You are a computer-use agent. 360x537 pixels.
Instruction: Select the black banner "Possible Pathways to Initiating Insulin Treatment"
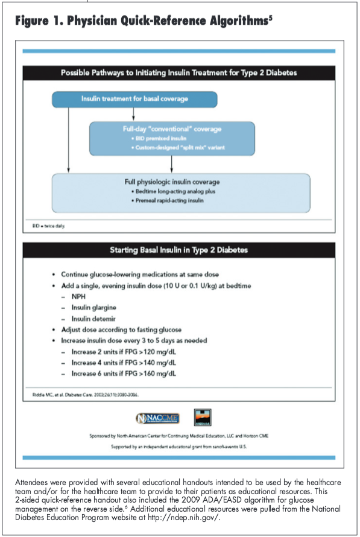tap(178, 73)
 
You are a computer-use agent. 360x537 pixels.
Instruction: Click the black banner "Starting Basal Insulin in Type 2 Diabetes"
tap(178, 249)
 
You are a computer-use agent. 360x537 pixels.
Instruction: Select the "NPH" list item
tap(78, 297)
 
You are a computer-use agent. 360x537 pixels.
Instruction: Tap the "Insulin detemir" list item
tap(94, 318)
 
